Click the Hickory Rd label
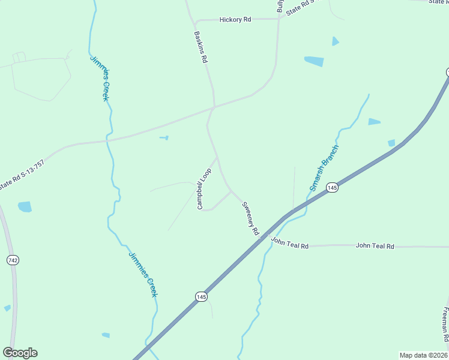[235, 20]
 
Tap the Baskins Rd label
[200, 47]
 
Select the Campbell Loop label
[205, 188]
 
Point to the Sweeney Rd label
[250, 218]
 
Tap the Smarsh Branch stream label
[324, 167]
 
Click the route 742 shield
[13, 260]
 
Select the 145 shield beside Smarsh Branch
[333, 188]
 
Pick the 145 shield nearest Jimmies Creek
[201, 296]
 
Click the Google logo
[20, 353]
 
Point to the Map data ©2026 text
[423, 355]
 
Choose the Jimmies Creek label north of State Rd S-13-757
[100, 78]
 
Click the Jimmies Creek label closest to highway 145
[143, 274]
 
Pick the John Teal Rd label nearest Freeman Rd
[375, 246]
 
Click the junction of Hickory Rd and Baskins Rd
[197, 20]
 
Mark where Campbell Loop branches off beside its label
[217, 157]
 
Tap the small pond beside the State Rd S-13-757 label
[25, 206]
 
